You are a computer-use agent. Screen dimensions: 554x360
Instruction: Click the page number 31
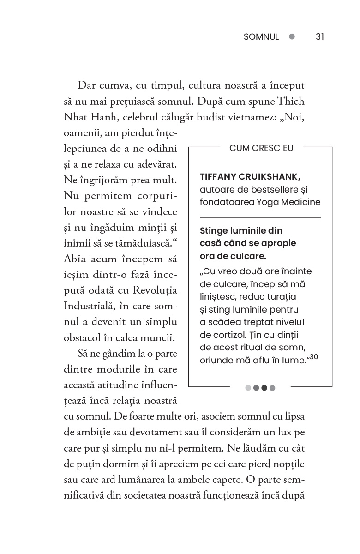320,37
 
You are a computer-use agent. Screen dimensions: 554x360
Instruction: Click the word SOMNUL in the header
261,37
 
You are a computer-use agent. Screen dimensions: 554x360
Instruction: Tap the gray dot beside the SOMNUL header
292,37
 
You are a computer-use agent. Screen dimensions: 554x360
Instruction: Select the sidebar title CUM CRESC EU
261,148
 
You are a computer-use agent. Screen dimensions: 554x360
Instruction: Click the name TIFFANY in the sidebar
219,177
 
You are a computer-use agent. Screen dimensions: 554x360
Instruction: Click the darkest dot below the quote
264,388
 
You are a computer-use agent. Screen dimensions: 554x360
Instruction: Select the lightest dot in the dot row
248,388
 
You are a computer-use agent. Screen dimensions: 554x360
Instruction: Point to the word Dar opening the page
87,85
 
